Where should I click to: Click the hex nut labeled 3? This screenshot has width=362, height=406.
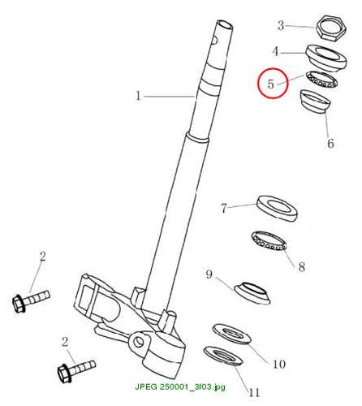[x=331, y=28]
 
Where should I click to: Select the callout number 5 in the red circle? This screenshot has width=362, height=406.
[x=271, y=84]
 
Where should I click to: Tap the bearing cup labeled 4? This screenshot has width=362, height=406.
[x=326, y=58]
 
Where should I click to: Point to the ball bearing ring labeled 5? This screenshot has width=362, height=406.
[x=321, y=80]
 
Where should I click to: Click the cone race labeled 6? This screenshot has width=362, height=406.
[x=316, y=102]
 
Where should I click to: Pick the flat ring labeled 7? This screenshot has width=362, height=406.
[x=277, y=209]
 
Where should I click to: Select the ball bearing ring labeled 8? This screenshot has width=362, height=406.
[x=269, y=241]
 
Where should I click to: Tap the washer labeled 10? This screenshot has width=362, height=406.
[x=231, y=334]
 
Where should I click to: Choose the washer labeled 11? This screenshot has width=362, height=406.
[x=222, y=356]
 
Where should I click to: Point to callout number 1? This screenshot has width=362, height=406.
[x=138, y=96]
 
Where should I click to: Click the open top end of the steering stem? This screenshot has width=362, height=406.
[x=225, y=25]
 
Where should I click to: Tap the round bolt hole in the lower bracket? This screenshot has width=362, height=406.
[x=139, y=342]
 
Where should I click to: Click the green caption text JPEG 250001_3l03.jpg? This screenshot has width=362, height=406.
[x=180, y=387]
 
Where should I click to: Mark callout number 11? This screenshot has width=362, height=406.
[x=254, y=392]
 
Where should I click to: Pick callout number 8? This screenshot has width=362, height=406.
[x=302, y=266]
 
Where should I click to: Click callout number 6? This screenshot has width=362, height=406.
[x=330, y=143]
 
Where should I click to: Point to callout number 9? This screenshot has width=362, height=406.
[x=209, y=274]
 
